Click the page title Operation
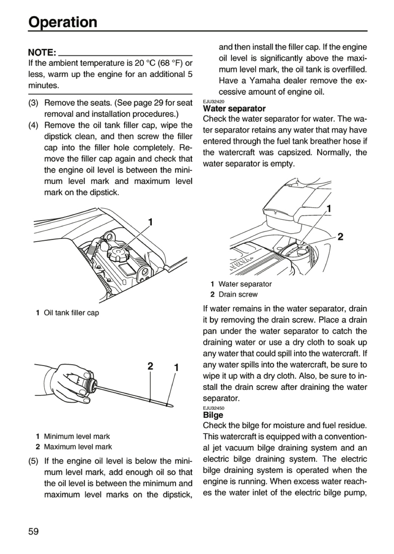(63, 22)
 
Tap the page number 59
(33, 531)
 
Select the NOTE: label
(42, 52)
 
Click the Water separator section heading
(234, 108)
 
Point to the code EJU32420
(214, 102)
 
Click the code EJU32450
(214, 408)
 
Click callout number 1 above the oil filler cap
(150, 222)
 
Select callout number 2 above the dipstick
(150, 367)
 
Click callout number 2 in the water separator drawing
(340, 237)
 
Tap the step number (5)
(33, 461)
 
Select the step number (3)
(33, 103)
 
